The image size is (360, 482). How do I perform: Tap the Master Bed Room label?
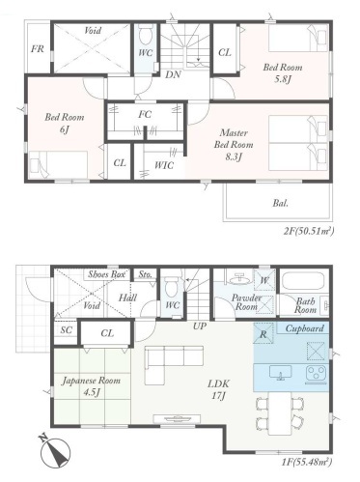[x=234, y=145]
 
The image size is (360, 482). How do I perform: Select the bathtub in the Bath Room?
[x=304, y=281]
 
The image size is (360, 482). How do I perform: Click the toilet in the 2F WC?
[x=145, y=35]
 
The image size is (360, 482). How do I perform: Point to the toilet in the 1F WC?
[x=171, y=287]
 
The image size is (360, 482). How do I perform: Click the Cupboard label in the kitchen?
[x=304, y=328]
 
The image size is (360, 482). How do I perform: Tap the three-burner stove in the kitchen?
[x=317, y=374]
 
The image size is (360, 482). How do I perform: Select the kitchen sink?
[x=281, y=373]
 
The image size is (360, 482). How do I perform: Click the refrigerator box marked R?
[x=263, y=333]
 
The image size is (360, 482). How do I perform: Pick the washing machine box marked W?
[x=264, y=280]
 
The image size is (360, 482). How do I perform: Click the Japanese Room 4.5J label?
[x=91, y=386]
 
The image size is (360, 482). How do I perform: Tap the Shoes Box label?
[x=106, y=274]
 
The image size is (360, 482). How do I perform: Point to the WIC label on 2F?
[x=164, y=165]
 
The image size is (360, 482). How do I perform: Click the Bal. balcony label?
[x=281, y=204]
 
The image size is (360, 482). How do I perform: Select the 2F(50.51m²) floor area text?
[x=308, y=231]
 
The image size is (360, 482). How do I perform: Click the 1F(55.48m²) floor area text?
[x=306, y=462]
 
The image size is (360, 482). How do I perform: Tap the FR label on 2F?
[x=38, y=49]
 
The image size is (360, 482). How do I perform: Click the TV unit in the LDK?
[x=177, y=418]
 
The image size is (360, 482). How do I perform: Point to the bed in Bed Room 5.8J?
[x=298, y=38]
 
